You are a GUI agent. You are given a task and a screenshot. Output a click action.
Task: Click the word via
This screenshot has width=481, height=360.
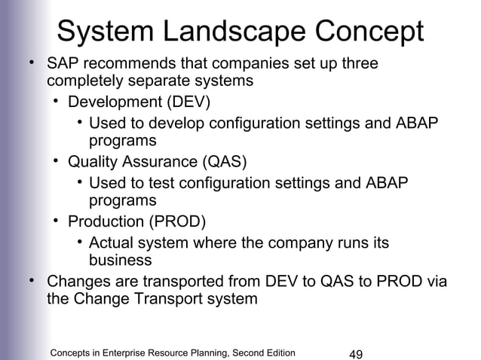pos(435,282)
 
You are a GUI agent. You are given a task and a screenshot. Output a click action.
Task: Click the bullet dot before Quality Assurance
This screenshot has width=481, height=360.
pos(57,160)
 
